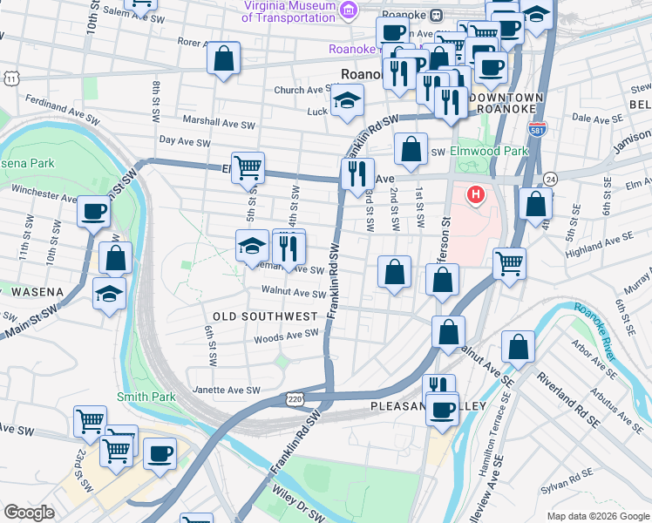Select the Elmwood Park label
(x=489, y=151)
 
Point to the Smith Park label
(x=146, y=397)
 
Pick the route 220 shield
(x=294, y=398)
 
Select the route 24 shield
(x=550, y=178)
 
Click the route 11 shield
(x=10, y=78)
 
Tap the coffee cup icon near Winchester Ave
(x=93, y=210)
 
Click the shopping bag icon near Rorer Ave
(x=223, y=59)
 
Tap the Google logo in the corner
(x=28, y=513)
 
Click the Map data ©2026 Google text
(x=597, y=516)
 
